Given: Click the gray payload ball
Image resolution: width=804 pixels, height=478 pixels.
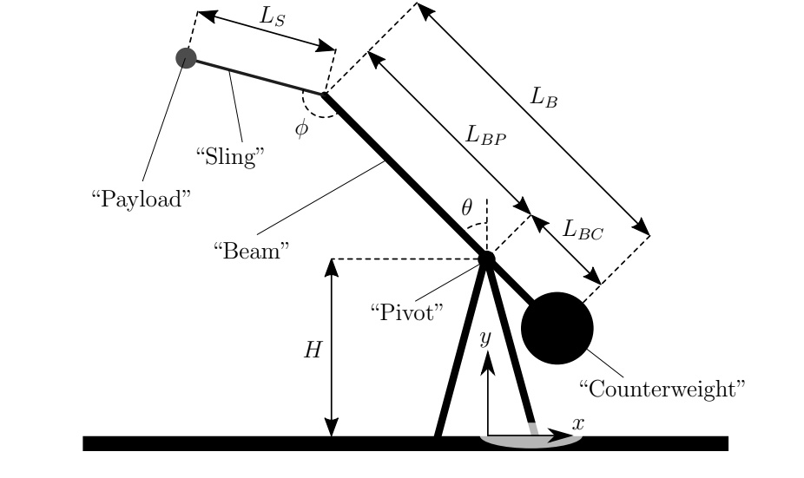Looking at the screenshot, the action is pyautogui.click(x=186, y=58).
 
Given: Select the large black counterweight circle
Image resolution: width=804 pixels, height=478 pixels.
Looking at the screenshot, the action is pyautogui.click(x=557, y=329).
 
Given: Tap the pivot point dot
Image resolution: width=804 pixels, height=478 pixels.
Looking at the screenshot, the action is pyautogui.click(x=486, y=259).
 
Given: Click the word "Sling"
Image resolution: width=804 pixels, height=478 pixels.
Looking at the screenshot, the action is pyautogui.click(x=230, y=156).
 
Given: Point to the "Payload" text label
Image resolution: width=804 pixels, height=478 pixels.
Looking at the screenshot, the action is pyautogui.click(x=141, y=199).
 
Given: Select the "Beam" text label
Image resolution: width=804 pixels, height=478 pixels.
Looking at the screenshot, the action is pyautogui.click(x=251, y=251).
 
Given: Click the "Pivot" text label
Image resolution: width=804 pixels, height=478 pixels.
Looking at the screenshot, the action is pyautogui.click(x=407, y=312).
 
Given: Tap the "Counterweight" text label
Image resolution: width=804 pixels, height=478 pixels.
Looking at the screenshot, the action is pyautogui.click(x=662, y=389).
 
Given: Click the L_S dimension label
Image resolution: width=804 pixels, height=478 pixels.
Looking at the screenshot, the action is pyautogui.click(x=272, y=16).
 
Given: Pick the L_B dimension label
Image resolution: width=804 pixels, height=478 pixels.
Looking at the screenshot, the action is pyautogui.click(x=544, y=97).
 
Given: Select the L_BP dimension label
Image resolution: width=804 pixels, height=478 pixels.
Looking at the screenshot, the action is pyautogui.click(x=485, y=135).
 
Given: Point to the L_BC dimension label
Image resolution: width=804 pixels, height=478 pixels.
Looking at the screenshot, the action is pyautogui.click(x=583, y=230).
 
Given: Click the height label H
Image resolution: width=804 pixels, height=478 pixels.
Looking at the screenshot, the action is pyautogui.click(x=313, y=350).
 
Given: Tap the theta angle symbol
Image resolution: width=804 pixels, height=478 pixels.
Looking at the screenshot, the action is pyautogui.click(x=466, y=208).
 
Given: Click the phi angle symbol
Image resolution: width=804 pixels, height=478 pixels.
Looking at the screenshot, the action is pyautogui.click(x=301, y=128).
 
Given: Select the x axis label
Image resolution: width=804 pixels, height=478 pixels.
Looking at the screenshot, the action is pyautogui.click(x=578, y=423).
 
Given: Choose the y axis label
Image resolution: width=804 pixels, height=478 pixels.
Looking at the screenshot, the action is pyautogui.click(x=485, y=338).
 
